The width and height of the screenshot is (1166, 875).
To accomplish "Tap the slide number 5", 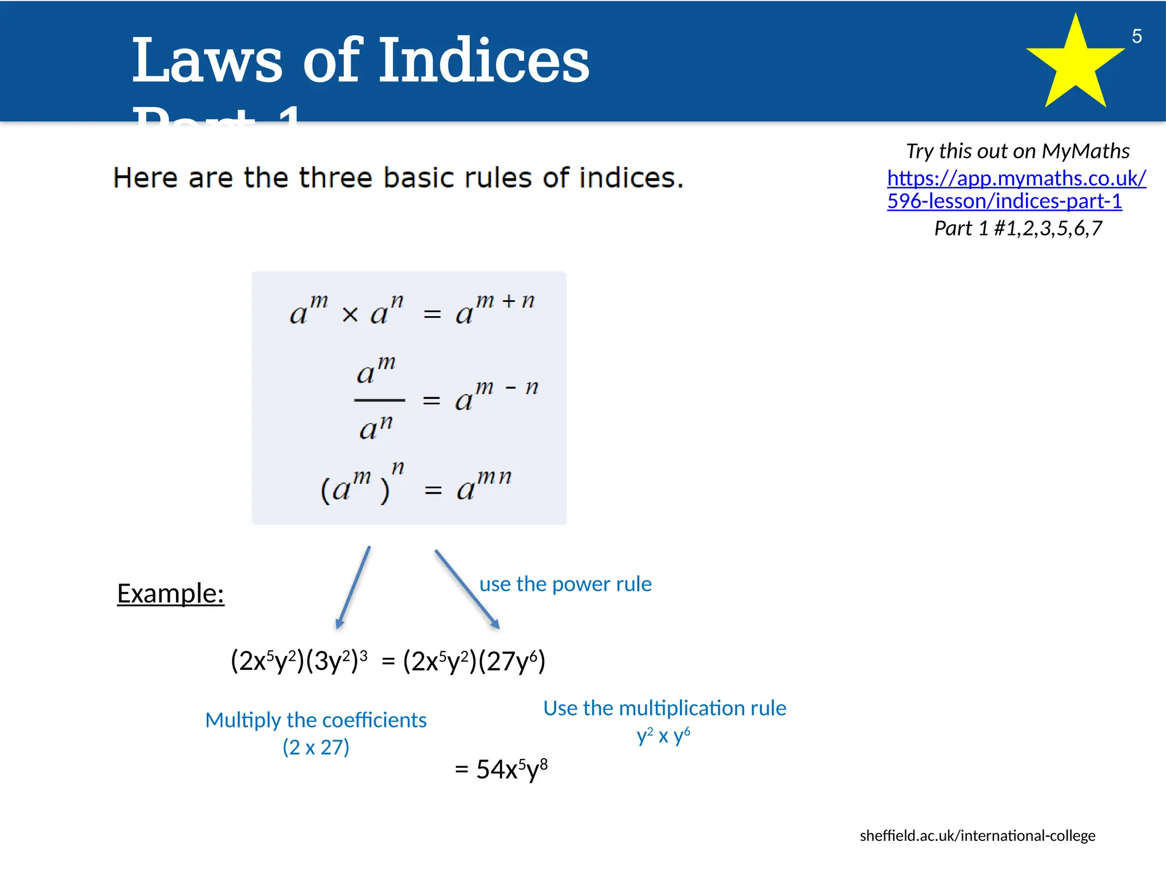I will pos(1136,36).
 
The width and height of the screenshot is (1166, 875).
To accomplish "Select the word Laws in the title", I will pos(207,60).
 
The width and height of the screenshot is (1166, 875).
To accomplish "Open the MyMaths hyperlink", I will pos(1016,190).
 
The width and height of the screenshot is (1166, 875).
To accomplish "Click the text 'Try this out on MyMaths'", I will pos(1017,151).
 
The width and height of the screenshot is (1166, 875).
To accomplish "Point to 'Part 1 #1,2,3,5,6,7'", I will pos(1018,228).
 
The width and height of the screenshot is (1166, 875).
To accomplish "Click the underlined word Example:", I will pos(170,594).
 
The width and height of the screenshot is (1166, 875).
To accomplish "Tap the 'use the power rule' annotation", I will pos(565,584).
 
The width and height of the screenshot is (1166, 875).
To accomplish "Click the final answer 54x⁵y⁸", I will pos(511,769).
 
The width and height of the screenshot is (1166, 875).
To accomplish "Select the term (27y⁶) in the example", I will pos(512,661).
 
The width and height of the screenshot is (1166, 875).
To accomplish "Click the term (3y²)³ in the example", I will pos(336,661).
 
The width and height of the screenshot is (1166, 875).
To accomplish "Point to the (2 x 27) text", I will pos(316,747).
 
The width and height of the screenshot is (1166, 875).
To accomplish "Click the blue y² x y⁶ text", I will pos(663,735).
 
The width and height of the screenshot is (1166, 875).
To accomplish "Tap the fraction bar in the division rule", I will pos(379,400).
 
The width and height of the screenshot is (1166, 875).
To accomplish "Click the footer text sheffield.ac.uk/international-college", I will pos(977,836).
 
